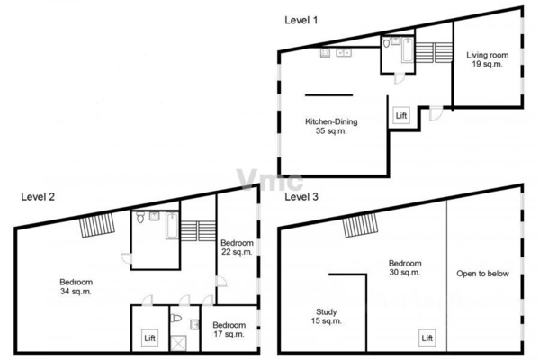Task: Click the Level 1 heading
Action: [301, 20]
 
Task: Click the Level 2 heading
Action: [38, 197]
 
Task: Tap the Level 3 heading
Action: [301, 197]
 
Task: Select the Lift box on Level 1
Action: [401, 116]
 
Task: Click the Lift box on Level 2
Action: [149, 338]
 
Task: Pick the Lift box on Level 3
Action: [427, 338]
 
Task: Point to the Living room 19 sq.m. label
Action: [487, 59]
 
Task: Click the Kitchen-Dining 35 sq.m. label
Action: [331, 126]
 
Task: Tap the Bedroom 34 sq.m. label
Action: [76, 286]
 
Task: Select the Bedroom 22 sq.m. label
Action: [237, 247]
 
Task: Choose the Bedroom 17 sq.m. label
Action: [229, 329]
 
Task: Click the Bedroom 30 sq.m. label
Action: [405, 267]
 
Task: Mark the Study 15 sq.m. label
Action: [327, 316]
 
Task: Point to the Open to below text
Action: [482, 274]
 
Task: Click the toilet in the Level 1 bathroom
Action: [387, 42]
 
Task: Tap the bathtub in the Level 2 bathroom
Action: [172, 226]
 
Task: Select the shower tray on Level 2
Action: [178, 343]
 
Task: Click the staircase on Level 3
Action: [360, 225]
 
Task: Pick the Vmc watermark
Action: [270, 180]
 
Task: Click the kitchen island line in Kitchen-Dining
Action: [328, 95]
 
